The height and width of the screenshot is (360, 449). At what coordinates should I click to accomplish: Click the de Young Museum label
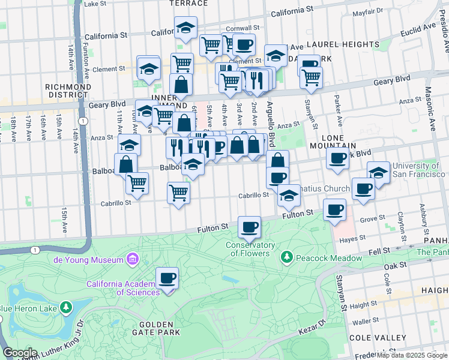tap(88, 260)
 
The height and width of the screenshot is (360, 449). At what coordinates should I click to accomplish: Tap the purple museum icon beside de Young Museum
tap(133, 260)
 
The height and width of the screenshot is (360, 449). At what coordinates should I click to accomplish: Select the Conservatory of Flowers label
tap(250, 249)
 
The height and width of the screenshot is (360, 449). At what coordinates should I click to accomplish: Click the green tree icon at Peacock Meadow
tap(287, 258)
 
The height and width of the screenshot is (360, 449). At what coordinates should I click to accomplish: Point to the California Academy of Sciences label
tap(122, 288)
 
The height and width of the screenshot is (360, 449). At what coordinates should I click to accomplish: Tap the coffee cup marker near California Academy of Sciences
tap(167, 278)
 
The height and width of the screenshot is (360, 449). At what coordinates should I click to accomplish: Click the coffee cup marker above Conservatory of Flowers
tap(249, 227)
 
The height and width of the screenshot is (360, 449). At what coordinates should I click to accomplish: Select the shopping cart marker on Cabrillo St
tap(178, 193)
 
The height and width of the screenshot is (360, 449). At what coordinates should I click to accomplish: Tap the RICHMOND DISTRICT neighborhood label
tap(68, 91)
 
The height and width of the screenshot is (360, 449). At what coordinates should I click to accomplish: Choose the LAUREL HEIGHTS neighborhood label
tap(343, 44)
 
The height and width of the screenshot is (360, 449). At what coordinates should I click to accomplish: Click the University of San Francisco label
tap(415, 170)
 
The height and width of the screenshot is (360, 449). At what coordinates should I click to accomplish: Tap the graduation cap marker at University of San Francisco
tap(378, 172)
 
